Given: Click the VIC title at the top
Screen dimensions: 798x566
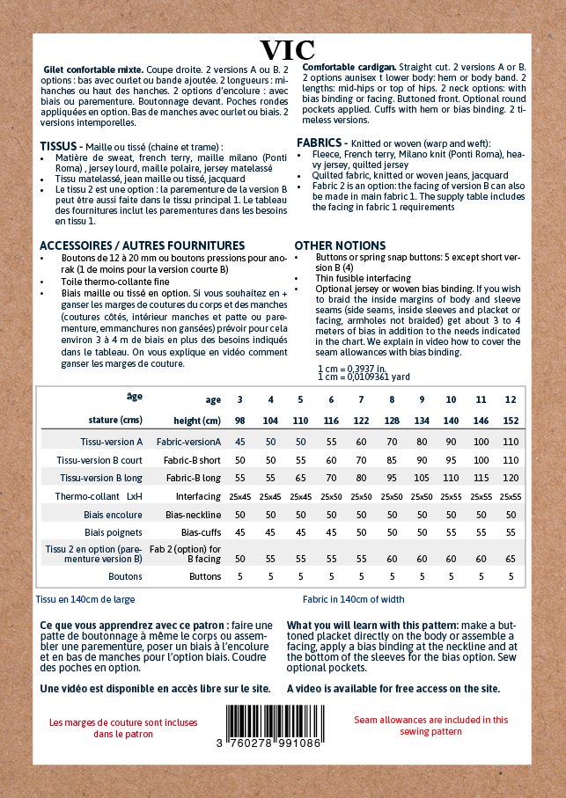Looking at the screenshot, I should click(x=287, y=49).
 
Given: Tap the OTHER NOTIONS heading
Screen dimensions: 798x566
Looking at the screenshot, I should click(x=340, y=245).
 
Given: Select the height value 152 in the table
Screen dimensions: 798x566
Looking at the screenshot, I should click(x=511, y=420).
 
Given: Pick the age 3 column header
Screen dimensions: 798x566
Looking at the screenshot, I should click(x=239, y=399).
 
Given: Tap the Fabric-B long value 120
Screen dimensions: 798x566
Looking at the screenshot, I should click(x=511, y=478).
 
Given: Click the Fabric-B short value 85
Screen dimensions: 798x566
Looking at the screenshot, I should click(x=391, y=459).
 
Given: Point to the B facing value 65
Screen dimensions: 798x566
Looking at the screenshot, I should click(x=511, y=559).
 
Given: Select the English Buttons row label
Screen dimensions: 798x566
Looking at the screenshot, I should click(x=205, y=577).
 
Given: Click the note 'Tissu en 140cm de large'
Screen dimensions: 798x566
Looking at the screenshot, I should click(x=85, y=599).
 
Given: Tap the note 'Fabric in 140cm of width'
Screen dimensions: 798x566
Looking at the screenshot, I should click(x=353, y=599).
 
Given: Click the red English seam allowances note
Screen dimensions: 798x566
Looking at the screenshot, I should click(x=431, y=725).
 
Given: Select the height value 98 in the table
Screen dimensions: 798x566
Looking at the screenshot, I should click(x=239, y=420).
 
